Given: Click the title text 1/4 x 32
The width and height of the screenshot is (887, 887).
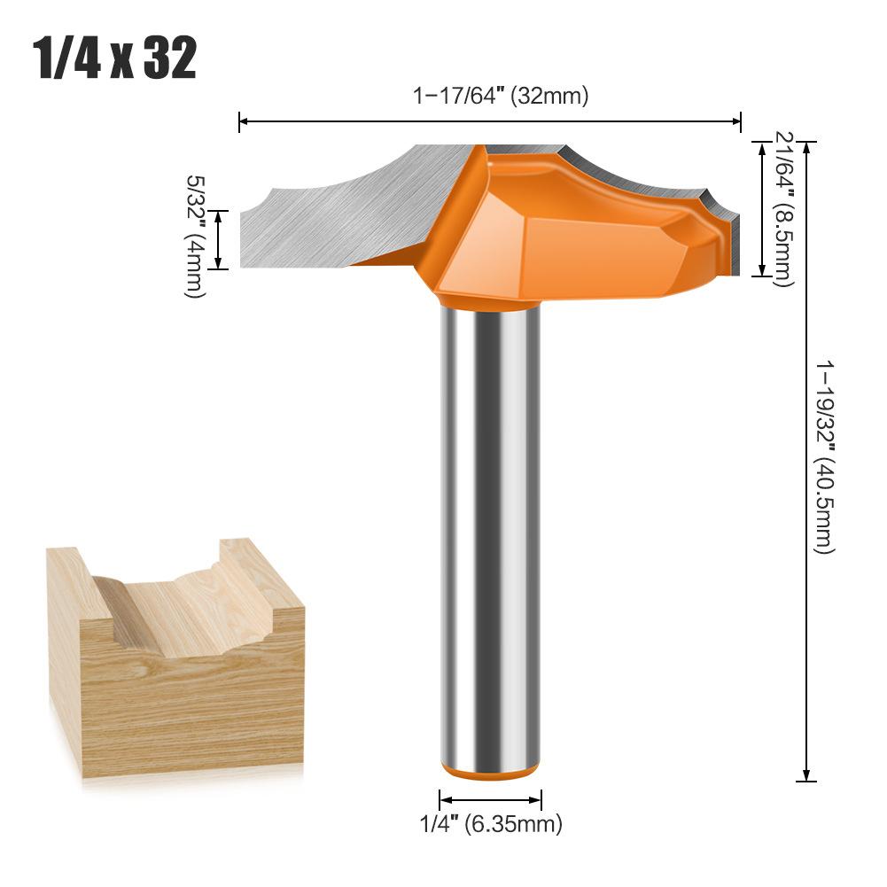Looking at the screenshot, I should point(115,59).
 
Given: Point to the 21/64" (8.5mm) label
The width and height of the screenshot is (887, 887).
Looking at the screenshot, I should point(784,209).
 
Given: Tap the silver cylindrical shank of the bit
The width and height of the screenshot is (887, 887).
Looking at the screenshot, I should point(490,532).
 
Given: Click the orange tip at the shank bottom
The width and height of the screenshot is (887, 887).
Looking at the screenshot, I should point(490,772).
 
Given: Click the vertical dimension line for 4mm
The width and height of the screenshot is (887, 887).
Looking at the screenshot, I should point(221,239).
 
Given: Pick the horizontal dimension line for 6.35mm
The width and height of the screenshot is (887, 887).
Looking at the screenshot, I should point(490,799).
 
